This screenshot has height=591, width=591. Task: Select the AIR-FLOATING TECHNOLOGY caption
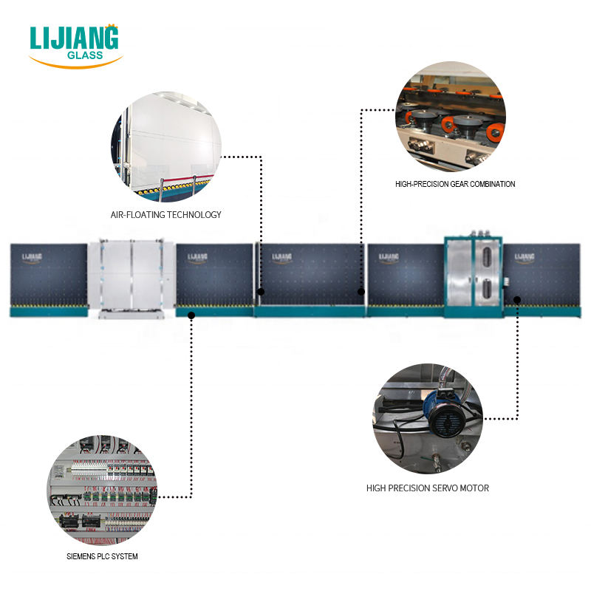click(x=165, y=215)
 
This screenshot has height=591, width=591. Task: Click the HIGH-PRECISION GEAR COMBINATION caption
click(x=455, y=184)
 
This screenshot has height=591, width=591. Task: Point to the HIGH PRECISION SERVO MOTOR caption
click(x=428, y=488)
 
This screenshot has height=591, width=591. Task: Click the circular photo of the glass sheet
click(x=166, y=147)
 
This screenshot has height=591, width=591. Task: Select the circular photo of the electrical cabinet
click(x=103, y=490)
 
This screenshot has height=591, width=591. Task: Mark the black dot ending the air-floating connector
click(x=262, y=293)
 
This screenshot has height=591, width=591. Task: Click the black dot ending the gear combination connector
click(x=361, y=293)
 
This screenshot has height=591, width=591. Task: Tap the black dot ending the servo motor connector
click(x=517, y=300)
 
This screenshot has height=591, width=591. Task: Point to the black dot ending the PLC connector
click(x=191, y=315)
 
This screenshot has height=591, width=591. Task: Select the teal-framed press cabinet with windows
click(x=473, y=277)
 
